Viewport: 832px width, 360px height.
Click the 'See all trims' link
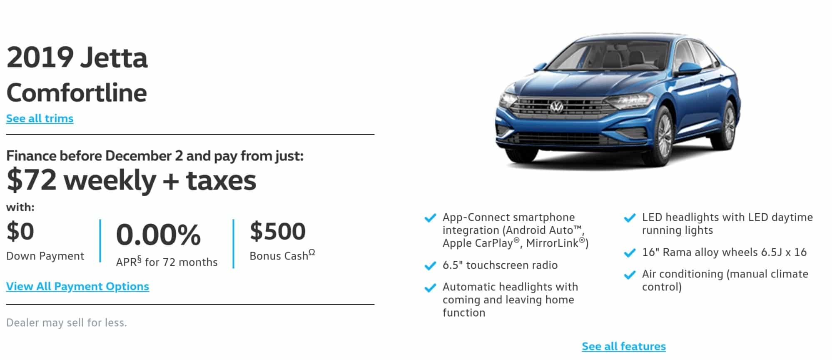point(40,118)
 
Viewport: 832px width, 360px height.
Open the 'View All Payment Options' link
point(77,286)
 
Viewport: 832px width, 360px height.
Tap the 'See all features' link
point(624,346)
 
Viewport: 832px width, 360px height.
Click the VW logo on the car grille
point(557,107)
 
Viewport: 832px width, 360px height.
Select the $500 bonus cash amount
point(278,231)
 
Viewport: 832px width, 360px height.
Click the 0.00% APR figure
point(158,235)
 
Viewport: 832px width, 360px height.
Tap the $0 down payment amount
point(20,231)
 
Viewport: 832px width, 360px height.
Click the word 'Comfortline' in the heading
point(77,92)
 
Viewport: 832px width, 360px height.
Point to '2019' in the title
point(40,57)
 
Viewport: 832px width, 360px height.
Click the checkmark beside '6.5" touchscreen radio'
point(430,265)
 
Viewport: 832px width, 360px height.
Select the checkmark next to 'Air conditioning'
point(630,275)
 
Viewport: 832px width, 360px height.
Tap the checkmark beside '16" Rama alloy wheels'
point(630,253)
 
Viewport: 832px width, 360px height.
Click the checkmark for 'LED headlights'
point(630,218)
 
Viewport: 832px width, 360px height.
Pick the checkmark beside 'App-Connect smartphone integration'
point(430,218)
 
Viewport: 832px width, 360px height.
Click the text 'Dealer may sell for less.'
point(67,322)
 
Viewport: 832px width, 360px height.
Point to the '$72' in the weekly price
point(31,180)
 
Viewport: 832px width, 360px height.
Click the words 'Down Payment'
point(45,256)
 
